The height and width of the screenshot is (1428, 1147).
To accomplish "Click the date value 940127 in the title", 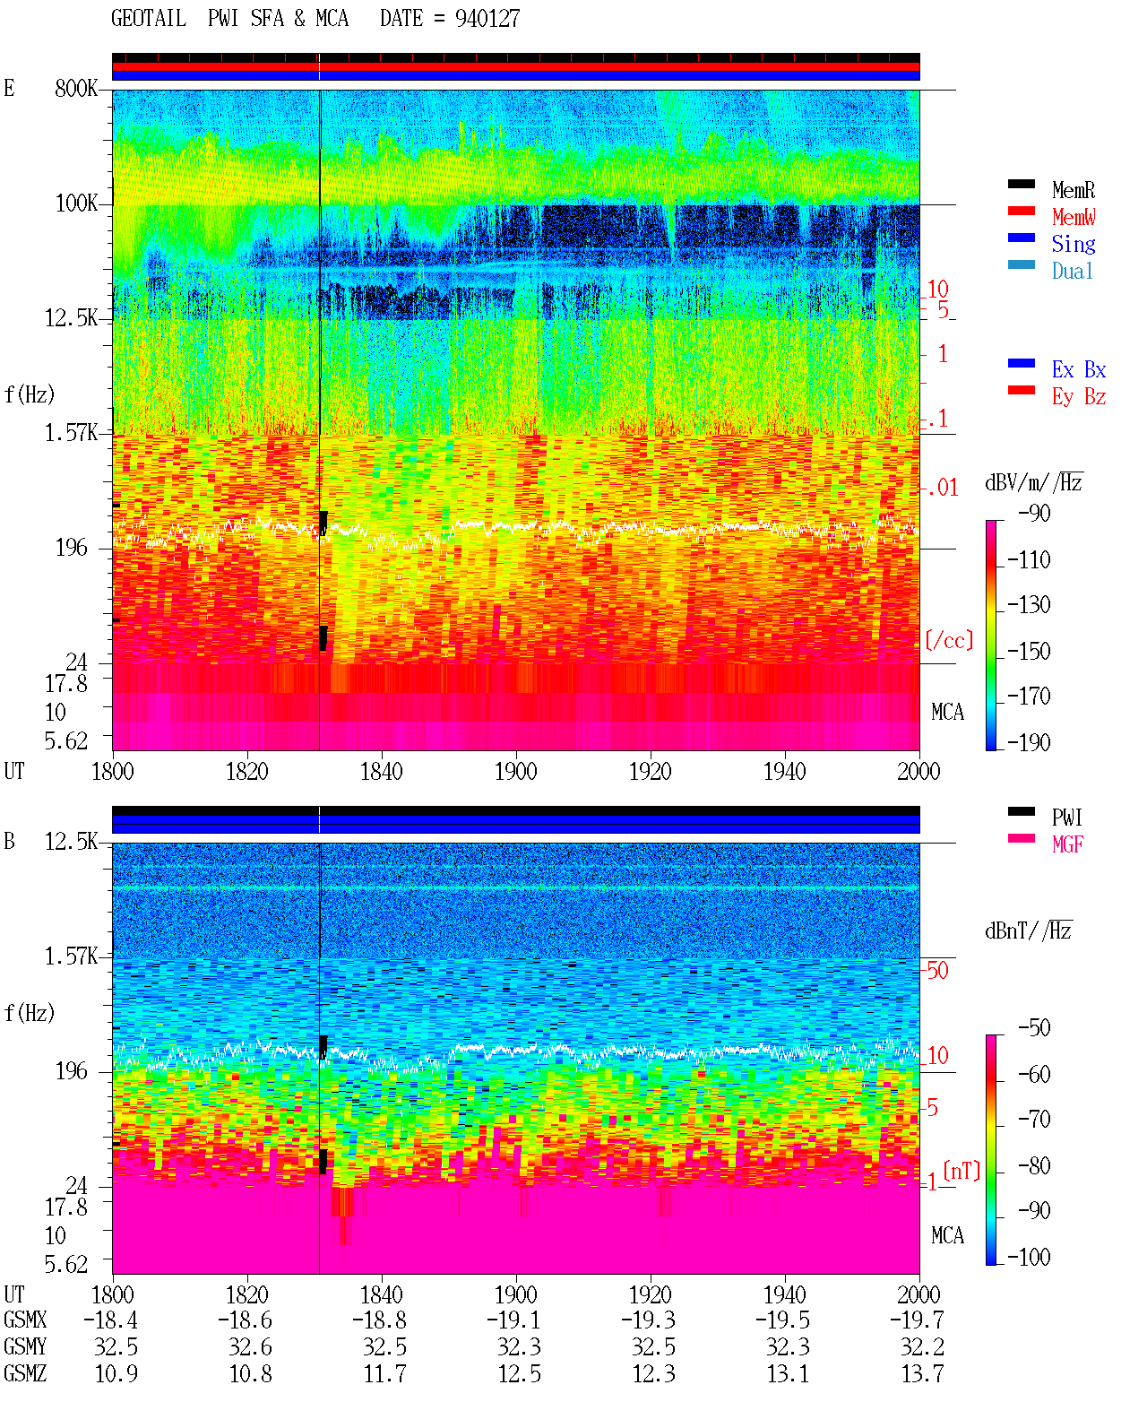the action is coord(487,19).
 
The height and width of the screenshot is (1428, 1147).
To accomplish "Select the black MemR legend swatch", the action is coord(1021,184).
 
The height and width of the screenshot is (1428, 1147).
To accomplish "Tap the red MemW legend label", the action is coord(1074,217).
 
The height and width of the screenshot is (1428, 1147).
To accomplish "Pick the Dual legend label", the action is coord(1073,271).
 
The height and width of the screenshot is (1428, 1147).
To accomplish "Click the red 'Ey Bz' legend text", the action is coord(1079,396).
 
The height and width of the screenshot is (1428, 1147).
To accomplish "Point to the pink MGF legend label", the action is coord(1067,844).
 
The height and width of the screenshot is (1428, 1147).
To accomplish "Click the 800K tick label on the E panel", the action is coord(76,88).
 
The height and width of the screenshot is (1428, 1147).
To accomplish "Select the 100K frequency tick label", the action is coord(76,203).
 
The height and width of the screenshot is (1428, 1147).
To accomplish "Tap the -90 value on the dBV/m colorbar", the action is coord(1034,513).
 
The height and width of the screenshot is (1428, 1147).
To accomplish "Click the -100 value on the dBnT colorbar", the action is coord(1029,1257).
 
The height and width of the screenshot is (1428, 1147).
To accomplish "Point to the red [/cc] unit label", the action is coord(949,640).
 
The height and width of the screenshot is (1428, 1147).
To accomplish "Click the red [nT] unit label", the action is coord(962,1171).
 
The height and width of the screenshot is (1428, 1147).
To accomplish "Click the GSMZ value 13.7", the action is coord(922,1373).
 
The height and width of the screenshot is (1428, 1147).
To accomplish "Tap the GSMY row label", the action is coord(25,1346).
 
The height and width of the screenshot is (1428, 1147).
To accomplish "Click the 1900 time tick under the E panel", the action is coord(515,771).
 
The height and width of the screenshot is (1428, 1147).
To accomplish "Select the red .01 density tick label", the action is coord(942,489).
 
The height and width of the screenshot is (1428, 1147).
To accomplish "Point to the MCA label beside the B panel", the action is coord(947,1235).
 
